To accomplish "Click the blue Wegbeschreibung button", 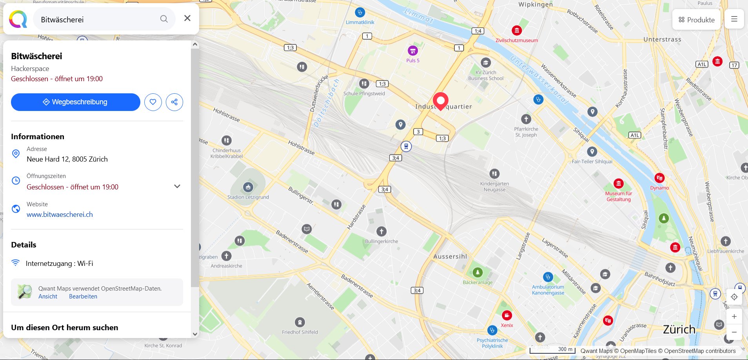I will click(75, 102).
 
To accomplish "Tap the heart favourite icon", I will click(153, 102).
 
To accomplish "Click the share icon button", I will click(174, 102).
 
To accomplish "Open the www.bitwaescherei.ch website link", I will click(60, 215).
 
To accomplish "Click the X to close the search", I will click(187, 18).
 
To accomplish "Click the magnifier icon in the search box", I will click(164, 19).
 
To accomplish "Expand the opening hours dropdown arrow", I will click(177, 186).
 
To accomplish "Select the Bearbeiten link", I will click(83, 296).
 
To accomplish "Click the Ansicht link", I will click(48, 296).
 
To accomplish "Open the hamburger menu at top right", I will click(734, 19).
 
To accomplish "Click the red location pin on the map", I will click(440, 101).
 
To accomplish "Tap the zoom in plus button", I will click(734, 316).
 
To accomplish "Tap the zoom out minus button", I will click(734, 332).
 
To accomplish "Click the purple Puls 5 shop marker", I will click(412, 51).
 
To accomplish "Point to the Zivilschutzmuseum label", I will click(517, 40).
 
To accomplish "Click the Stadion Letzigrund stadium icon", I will click(248, 187).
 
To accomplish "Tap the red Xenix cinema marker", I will click(507, 315).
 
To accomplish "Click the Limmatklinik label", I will click(360, 22).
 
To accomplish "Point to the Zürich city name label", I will click(679, 329).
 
